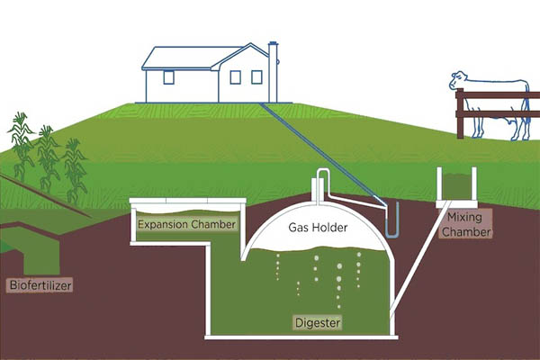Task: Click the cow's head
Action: (x=458, y=83)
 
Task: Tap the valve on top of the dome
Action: (x=317, y=186)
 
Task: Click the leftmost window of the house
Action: (x=167, y=77)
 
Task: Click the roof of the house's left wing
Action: (x=180, y=58)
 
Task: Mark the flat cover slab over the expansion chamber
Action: (x=187, y=201)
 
